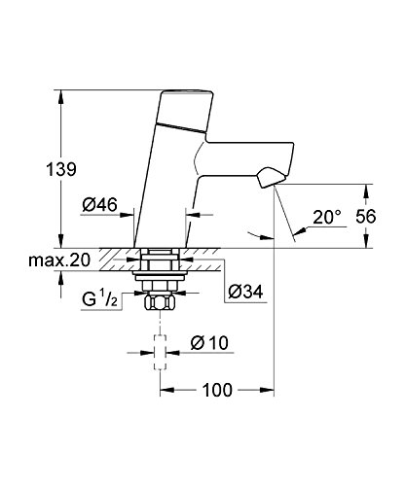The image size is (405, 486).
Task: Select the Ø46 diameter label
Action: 99,206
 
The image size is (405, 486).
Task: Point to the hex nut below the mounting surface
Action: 160,302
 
